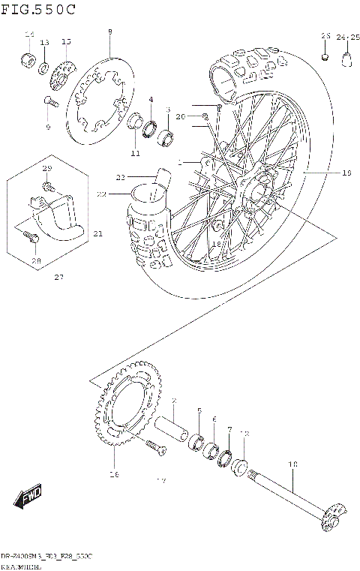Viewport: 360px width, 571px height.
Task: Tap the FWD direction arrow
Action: click(28, 497)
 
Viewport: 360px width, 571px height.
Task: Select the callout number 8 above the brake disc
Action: click(109, 32)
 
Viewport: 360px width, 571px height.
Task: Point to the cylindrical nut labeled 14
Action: click(28, 59)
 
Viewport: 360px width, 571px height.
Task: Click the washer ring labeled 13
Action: click(44, 66)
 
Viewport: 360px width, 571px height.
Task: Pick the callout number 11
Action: click(135, 153)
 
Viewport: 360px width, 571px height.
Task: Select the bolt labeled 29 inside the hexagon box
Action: click(48, 185)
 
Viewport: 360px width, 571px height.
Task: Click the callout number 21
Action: click(97, 234)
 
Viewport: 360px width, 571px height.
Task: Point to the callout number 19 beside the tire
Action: click(346, 173)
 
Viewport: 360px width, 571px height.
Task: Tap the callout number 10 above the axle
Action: click(293, 464)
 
